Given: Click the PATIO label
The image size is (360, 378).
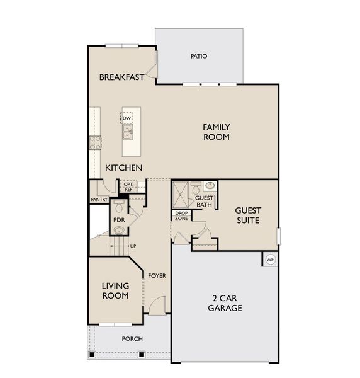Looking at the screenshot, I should (198, 56).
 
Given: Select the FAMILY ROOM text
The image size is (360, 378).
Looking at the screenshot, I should (216, 132).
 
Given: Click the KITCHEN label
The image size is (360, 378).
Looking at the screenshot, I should (123, 168).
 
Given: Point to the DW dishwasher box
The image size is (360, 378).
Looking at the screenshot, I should (127, 118).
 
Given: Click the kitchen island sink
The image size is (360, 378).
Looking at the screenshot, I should (128, 132).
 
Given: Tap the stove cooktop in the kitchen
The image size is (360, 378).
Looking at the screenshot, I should (96, 142).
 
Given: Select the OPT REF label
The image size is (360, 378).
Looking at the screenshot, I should (128, 186).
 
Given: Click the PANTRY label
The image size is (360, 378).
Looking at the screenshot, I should (99, 200).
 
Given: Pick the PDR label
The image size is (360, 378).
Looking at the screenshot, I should (118, 219).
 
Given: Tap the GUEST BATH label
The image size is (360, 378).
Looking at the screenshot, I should (204, 201).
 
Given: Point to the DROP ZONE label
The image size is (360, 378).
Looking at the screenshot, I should (182, 215).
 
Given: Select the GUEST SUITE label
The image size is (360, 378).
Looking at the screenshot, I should (247, 215).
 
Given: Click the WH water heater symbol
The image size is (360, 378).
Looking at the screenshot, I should (271, 259).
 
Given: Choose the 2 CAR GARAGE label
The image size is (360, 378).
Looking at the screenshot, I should (225, 303).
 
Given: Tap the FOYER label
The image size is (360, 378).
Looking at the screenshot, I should (156, 275).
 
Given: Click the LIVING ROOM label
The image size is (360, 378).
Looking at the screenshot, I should (115, 290).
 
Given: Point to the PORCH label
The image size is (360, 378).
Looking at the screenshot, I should (132, 339).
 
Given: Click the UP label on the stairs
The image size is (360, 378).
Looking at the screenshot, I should (133, 246).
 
